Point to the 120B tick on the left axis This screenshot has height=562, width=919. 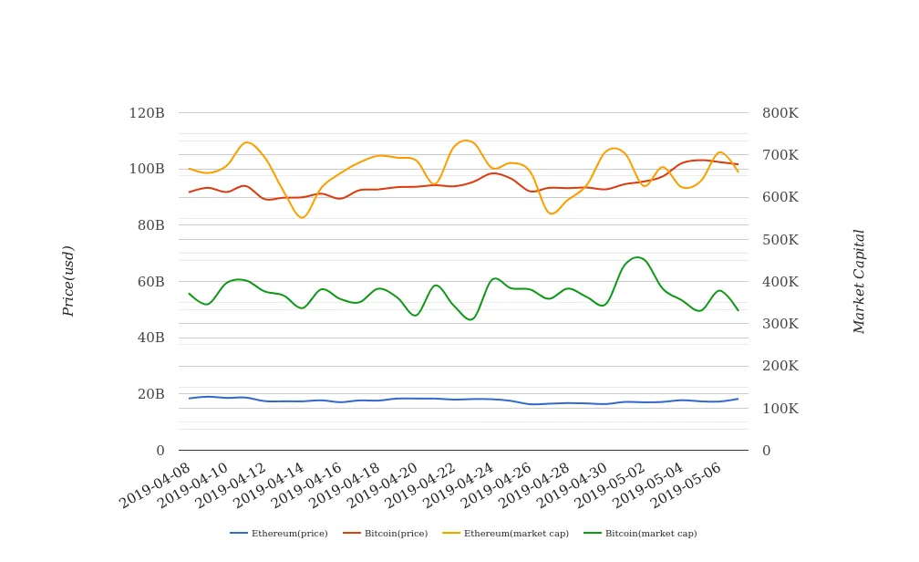[147, 114]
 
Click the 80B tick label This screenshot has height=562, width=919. [150, 225]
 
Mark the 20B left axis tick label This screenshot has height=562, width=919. [150, 394]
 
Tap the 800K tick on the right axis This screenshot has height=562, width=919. [780, 114]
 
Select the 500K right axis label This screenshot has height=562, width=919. [780, 240]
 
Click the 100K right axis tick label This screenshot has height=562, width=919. [780, 409]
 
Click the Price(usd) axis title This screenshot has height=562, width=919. [69, 281]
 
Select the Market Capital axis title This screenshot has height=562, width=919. [859, 281]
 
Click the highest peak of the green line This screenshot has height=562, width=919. [636, 257]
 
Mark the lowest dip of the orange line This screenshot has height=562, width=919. [302, 217]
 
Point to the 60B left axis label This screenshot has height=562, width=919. [150, 282]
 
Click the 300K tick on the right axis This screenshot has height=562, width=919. [780, 324]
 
